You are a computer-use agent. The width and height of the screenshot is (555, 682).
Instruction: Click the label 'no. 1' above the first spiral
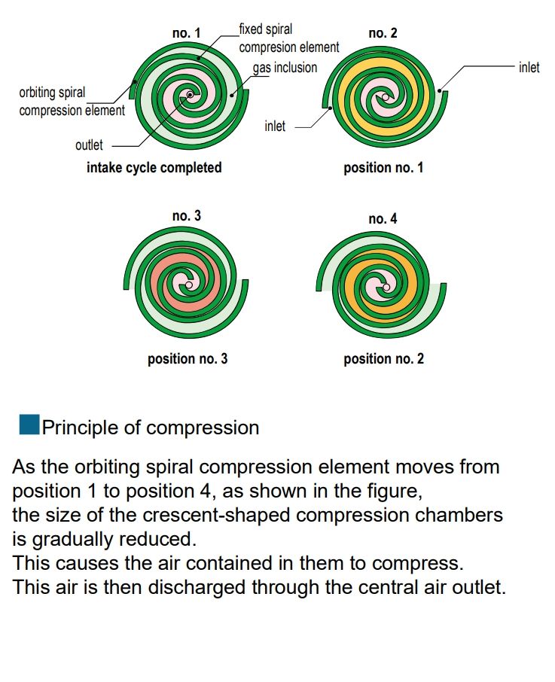click(186, 33)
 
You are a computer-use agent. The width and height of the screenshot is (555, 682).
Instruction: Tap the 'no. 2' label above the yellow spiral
click(383, 33)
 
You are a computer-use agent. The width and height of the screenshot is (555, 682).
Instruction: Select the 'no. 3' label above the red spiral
click(187, 216)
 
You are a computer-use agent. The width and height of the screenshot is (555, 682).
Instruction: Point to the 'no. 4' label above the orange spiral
click(383, 218)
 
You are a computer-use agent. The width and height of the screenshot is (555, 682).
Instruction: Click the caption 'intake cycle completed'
click(154, 168)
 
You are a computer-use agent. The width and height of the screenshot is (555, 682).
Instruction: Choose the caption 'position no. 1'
click(383, 168)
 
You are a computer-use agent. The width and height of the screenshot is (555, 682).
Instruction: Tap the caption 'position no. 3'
click(188, 359)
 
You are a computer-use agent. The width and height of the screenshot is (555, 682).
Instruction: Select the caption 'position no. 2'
click(383, 359)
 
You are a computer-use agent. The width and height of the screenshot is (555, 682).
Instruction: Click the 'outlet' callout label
click(89, 145)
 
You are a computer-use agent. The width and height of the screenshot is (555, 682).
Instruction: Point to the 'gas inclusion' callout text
click(285, 68)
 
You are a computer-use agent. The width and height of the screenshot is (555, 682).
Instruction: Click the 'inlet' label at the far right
click(529, 68)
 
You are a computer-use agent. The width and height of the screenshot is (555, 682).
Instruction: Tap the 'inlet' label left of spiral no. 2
click(275, 126)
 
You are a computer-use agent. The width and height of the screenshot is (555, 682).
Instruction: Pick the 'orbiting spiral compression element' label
click(72, 102)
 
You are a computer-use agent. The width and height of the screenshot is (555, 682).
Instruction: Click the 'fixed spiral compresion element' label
click(288, 38)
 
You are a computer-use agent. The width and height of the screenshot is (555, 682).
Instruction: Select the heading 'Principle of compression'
click(151, 428)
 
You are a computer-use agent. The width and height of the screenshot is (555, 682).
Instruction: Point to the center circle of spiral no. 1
click(190, 95)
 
